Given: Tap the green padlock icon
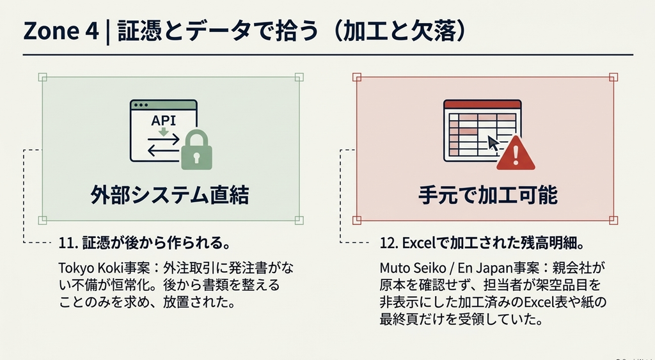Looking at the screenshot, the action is [196, 150].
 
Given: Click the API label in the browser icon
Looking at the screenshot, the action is [163, 121].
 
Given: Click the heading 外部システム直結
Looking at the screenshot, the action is [170, 196].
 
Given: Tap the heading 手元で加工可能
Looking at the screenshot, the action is [488, 196].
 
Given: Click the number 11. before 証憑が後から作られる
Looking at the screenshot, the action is [68, 244].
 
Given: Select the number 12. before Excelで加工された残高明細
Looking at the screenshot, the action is [390, 244].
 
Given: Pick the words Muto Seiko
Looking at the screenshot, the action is [407, 268].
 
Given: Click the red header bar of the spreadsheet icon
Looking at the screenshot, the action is [482, 104].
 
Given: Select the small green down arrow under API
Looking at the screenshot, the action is [163, 132].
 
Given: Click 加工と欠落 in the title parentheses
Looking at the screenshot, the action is [399, 32].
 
